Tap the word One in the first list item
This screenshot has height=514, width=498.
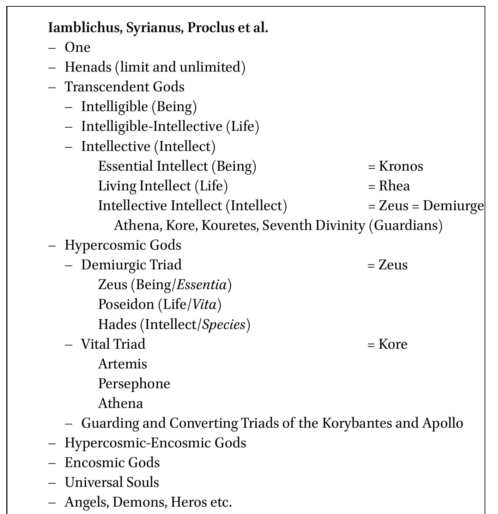click(78, 47)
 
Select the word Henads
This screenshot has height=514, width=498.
click(88, 67)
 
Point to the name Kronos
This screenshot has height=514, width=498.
click(401, 166)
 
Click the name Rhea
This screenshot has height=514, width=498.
click(394, 186)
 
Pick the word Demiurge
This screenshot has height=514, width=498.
click(453, 206)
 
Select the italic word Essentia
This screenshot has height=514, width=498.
click(201, 284)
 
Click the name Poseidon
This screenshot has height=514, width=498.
click(126, 304)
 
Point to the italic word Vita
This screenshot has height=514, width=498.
click(205, 304)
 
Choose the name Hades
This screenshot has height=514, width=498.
click(117, 324)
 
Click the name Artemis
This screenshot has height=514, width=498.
click(122, 364)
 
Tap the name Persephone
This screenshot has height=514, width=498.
click(134, 384)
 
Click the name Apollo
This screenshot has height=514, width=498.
click(443, 423)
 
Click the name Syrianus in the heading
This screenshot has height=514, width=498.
click(154, 27)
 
